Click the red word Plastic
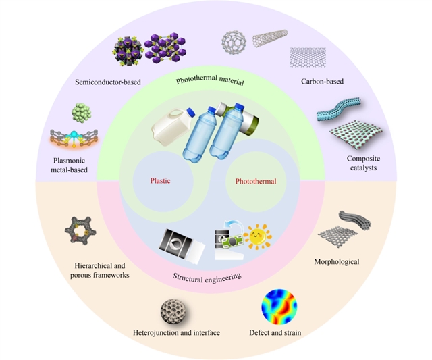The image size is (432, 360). tap(161, 181)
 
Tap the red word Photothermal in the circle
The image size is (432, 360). tap(256, 182)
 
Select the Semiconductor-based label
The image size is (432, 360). tap(108, 82)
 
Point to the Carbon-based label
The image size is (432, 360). tap(322, 81)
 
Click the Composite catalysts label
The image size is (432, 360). tap(363, 163)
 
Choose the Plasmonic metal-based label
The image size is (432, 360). tap(69, 165)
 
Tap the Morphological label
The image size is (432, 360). tap(337, 261)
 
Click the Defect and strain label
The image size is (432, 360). tap(275, 333)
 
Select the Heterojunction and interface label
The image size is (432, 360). tap(176, 333)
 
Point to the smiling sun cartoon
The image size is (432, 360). tap(258, 237)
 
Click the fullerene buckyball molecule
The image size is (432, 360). tap(234, 42)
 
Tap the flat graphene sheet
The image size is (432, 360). tap(308, 57)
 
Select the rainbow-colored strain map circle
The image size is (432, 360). tap(279, 306)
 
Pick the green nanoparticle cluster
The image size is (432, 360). tap(82, 113)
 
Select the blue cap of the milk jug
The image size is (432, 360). tap(191, 112)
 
